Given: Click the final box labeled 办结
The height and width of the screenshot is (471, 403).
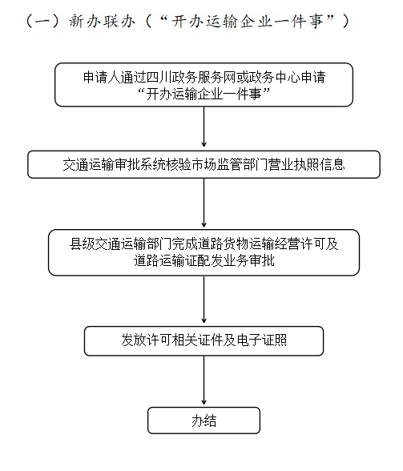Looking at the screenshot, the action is [x=204, y=421].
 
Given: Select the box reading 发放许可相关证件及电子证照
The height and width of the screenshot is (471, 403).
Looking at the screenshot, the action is [x=204, y=341].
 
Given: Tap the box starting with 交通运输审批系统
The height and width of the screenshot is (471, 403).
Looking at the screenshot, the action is [x=204, y=164].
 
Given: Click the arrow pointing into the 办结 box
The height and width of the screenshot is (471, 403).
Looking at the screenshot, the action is [x=204, y=380].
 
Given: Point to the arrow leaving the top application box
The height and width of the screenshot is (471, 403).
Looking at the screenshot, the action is [x=204, y=127].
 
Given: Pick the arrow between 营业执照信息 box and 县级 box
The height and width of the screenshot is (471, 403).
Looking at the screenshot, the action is [x=204, y=203].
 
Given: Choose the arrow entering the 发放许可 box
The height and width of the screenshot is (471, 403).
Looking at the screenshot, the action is [x=204, y=300].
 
